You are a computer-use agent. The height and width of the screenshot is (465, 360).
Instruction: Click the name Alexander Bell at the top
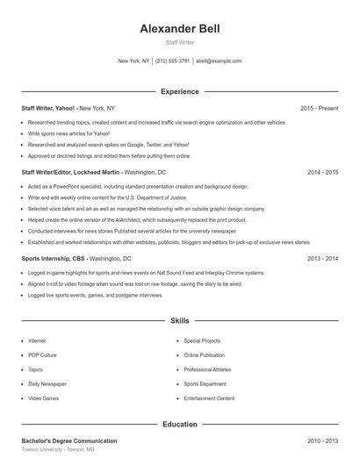pyautogui.click(x=179, y=29)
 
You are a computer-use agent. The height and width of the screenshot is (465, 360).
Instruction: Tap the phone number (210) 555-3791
pyautogui.click(x=172, y=61)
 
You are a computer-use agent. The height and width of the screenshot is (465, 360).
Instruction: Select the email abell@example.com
pyautogui.click(x=219, y=61)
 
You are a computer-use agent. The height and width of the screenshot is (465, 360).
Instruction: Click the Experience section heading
pyautogui.click(x=179, y=91)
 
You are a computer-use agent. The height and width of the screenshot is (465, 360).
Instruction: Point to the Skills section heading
pyautogui.click(x=179, y=322)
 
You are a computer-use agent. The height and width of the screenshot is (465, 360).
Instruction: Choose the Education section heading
pyautogui.click(x=179, y=424)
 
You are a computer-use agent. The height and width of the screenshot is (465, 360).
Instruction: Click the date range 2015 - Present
pyautogui.click(x=319, y=108)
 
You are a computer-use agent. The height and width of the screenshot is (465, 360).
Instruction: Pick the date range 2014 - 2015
pyautogui.click(x=322, y=172)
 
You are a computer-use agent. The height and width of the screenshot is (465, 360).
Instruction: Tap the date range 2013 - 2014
pyautogui.click(x=322, y=259)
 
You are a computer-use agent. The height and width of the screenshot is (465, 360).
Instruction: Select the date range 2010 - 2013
pyautogui.click(x=322, y=440)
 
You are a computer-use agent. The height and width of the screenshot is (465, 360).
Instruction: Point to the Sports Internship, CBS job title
pyautogui.click(x=54, y=259)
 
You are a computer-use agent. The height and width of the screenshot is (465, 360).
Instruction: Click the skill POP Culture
pyautogui.click(x=42, y=355)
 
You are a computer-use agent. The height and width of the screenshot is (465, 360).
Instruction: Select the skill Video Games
pyautogui.click(x=43, y=398)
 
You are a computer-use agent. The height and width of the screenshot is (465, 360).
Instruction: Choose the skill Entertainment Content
pyautogui.click(x=209, y=398)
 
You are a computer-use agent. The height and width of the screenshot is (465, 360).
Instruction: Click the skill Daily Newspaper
pyautogui.click(x=46, y=383)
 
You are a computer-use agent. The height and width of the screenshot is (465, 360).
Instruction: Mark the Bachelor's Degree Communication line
pyautogui.click(x=69, y=440)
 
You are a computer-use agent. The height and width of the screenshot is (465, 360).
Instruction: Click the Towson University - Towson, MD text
pyautogui.click(x=58, y=449)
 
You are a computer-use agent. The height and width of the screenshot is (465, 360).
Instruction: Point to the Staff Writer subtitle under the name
pyautogui.click(x=179, y=42)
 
